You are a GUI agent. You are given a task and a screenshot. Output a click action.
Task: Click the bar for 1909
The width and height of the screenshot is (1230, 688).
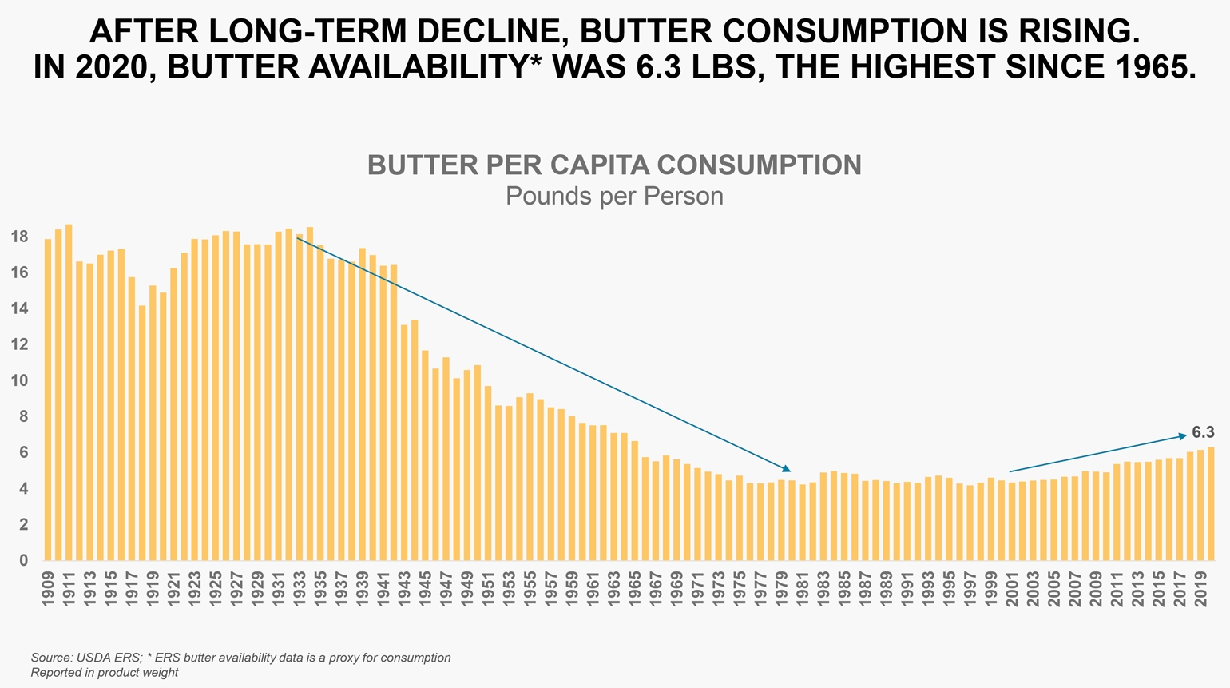[48, 400]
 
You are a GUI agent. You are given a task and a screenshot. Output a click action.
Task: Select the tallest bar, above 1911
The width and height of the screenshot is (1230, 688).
[69, 392]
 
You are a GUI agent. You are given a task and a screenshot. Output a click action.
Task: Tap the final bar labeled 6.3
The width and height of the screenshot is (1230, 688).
[1211, 503]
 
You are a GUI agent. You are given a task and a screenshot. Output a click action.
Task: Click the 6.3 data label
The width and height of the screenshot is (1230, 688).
[1203, 432]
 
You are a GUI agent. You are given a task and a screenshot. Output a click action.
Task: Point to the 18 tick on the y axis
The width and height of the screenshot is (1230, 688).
[20, 237]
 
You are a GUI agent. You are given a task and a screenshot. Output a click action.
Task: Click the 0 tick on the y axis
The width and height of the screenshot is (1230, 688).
[24, 561]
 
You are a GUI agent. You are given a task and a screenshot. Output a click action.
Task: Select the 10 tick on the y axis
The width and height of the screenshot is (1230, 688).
[20, 381]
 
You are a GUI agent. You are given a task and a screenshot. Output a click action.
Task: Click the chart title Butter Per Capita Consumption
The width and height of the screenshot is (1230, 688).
[614, 165]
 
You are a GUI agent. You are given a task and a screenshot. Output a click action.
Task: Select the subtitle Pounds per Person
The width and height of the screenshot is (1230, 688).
[614, 197]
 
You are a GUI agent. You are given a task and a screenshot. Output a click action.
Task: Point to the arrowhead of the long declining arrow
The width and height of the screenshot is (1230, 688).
[787, 469]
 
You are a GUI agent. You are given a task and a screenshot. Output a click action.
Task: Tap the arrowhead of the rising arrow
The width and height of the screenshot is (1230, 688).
[1184, 435]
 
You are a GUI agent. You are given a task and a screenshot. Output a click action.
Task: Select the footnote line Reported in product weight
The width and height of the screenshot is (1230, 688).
[104, 673]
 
